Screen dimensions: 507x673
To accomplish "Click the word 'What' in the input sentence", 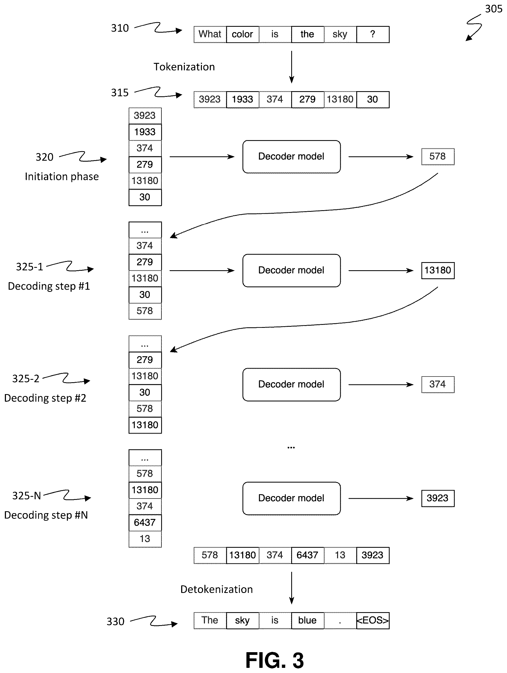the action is coord(210,34).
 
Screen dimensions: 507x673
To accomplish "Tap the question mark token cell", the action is coord(373,34).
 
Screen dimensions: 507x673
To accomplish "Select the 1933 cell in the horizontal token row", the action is coord(242,100).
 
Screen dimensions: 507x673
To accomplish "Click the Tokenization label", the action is coord(184,67).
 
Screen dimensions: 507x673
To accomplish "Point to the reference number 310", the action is coord(120,28).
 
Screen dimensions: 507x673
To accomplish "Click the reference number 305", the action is coord(493,9).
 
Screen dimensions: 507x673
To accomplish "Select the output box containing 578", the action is coord(438,157).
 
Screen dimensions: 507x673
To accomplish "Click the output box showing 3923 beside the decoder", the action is coord(438,498).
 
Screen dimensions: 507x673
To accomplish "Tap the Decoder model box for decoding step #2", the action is coord(291,385).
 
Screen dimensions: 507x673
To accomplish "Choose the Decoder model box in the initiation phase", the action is coord(291,157).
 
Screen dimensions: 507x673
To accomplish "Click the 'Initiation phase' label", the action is coord(62,176).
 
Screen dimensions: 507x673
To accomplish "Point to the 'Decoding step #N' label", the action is coord(46,515).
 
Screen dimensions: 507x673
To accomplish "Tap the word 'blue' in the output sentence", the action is coord(307,620).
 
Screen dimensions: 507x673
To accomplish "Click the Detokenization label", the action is coord(217,589).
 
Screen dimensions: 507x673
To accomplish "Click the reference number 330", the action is coord(115,621).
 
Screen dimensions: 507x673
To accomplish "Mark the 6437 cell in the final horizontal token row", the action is coord(307,555).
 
